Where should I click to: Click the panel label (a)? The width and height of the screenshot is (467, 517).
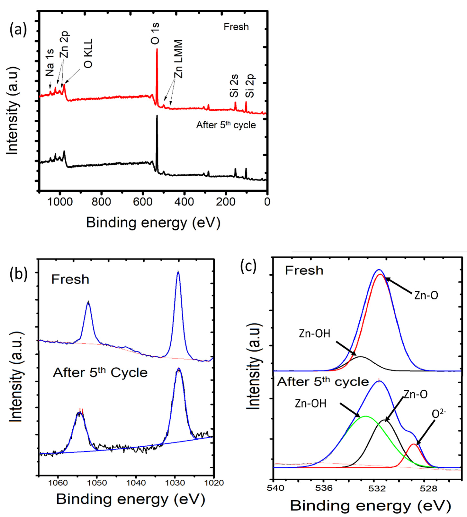18,30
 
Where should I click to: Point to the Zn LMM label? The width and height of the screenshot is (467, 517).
179,59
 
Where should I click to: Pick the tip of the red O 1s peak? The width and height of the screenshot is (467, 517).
157,49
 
